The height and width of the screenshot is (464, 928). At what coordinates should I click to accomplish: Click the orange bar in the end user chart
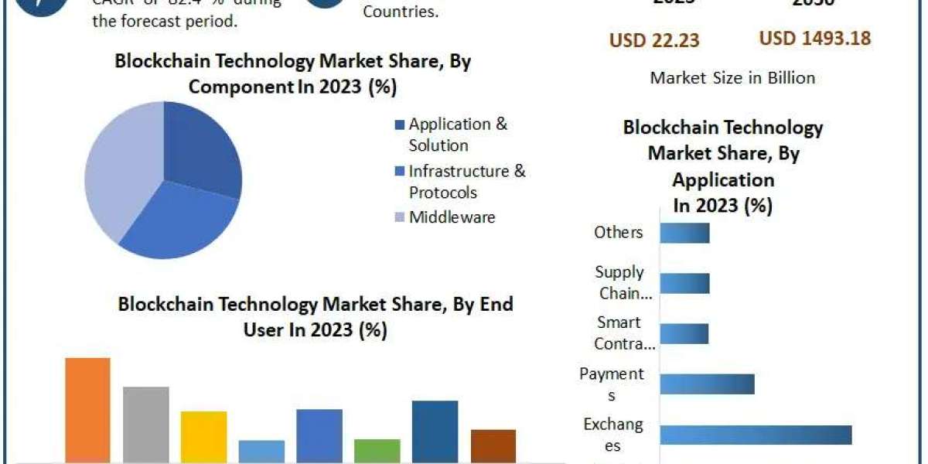[x=87, y=410]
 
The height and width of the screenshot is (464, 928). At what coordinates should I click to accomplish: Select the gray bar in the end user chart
[x=145, y=424]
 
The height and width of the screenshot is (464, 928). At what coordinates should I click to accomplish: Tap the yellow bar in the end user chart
[x=203, y=436]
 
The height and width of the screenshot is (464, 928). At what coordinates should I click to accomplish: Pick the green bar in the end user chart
[x=377, y=450]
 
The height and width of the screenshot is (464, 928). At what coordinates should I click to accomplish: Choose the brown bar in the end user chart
[x=493, y=445]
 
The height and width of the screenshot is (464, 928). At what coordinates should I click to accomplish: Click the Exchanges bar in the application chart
[x=756, y=435]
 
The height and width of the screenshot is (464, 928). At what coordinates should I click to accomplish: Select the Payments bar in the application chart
[x=707, y=384]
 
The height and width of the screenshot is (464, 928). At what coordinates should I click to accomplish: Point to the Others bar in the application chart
[x=684, y=233]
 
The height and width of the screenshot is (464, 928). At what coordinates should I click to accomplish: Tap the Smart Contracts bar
[x=684, y=333]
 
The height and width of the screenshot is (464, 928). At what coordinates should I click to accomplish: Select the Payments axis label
[x=612, y=384]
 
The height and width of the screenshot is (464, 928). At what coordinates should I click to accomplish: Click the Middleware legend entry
[x=452, y=217]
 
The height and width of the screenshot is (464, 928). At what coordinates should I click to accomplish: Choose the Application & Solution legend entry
[x=458, y=135]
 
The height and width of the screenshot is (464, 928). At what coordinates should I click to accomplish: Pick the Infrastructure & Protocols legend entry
[x=466, y=181]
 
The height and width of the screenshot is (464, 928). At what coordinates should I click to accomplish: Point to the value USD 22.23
[x=654, y=40]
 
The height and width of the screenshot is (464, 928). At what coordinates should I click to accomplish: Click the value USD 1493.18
[x=815, y=39]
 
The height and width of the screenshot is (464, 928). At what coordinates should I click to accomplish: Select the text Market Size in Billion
[x=732, y=77]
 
